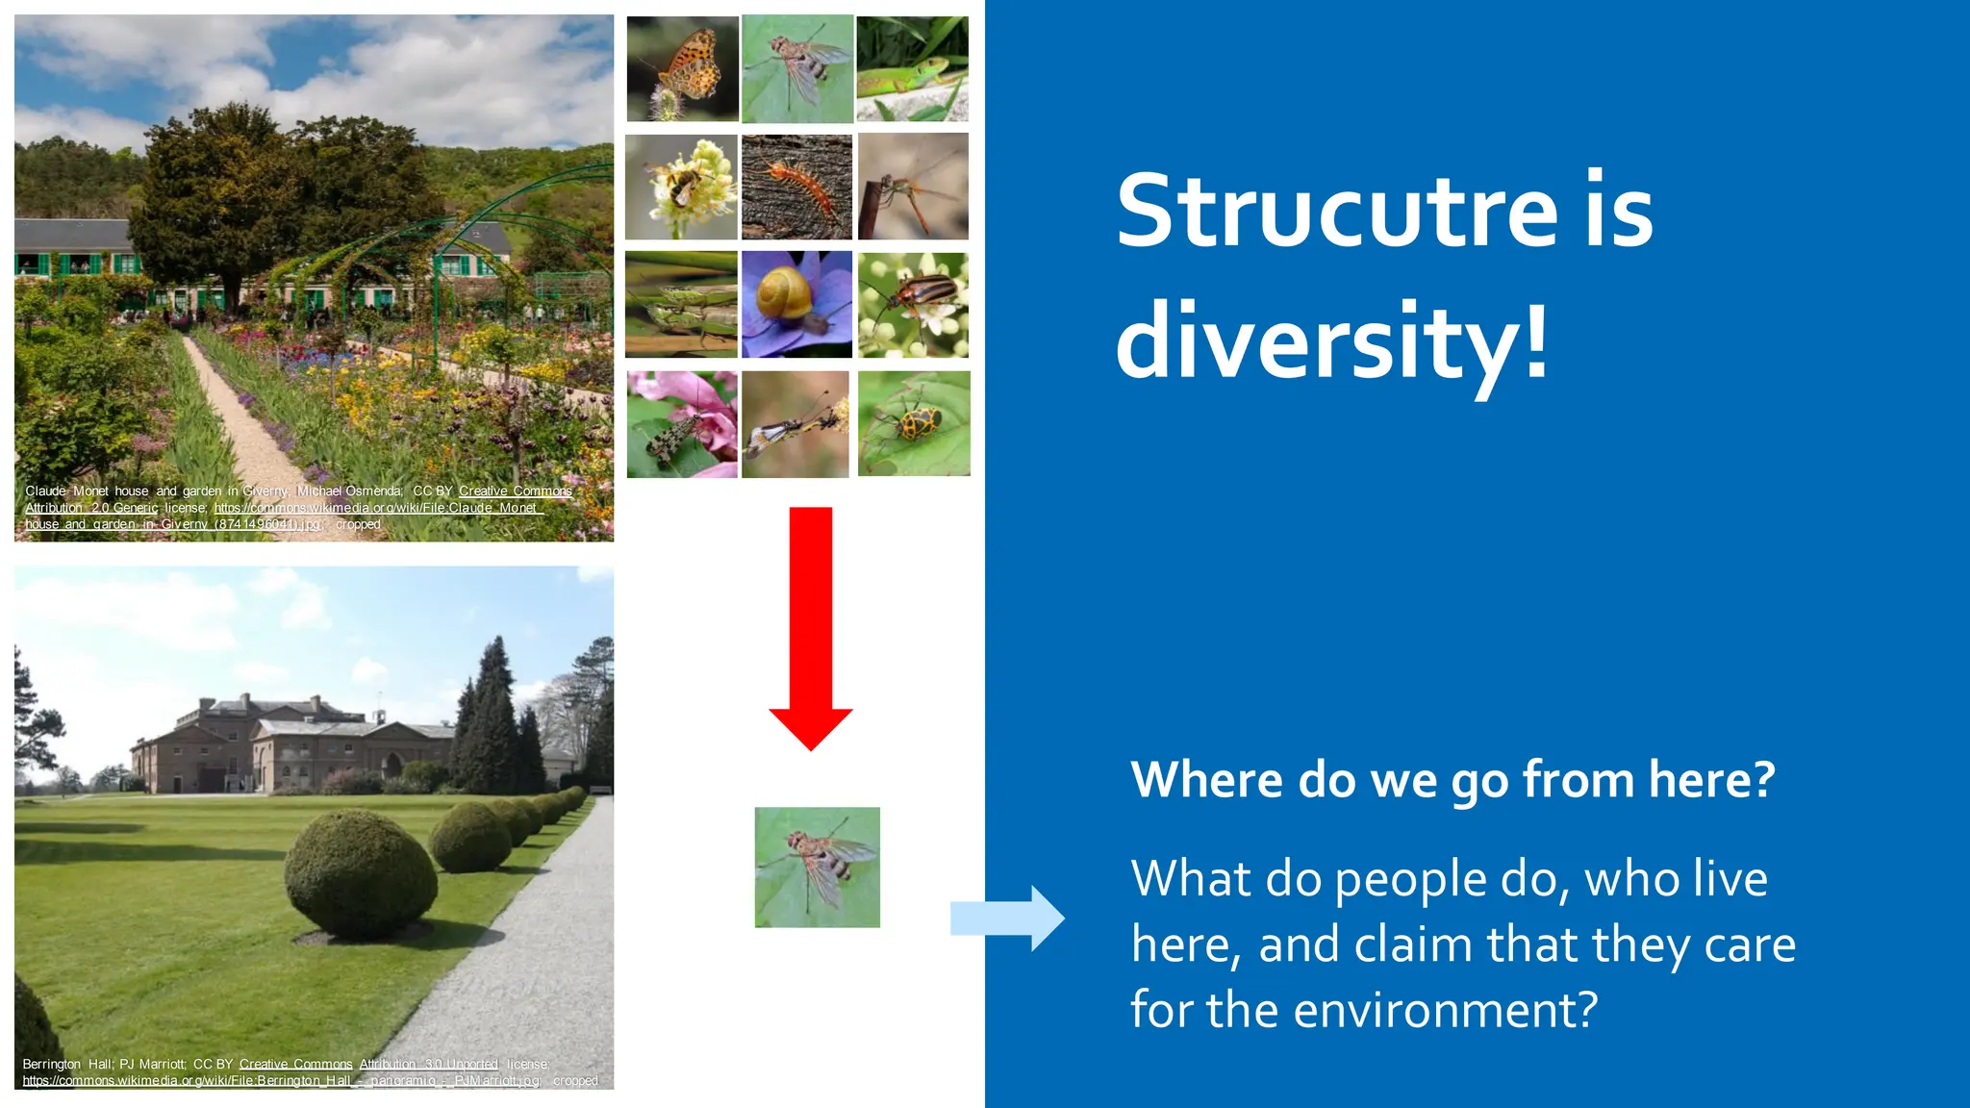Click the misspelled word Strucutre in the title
(x=1335, y=212)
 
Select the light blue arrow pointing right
(x=1006, y=919)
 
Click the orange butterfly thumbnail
(x=682, y=69)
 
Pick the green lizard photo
(x=912, y=69)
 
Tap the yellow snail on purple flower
(x=796, y=304)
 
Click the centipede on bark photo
(x=796, y=187)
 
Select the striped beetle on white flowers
(x=913, y=304)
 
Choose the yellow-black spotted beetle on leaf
(x=913, y=423)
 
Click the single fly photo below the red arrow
(x=817, y=867)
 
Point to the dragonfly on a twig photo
(x=913, y=187)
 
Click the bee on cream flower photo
(x=681, y=187)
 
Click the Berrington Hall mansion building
(x=289, y=745)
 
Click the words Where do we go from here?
(x=1452, y=779)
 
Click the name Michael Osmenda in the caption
(x=349, y=491)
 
